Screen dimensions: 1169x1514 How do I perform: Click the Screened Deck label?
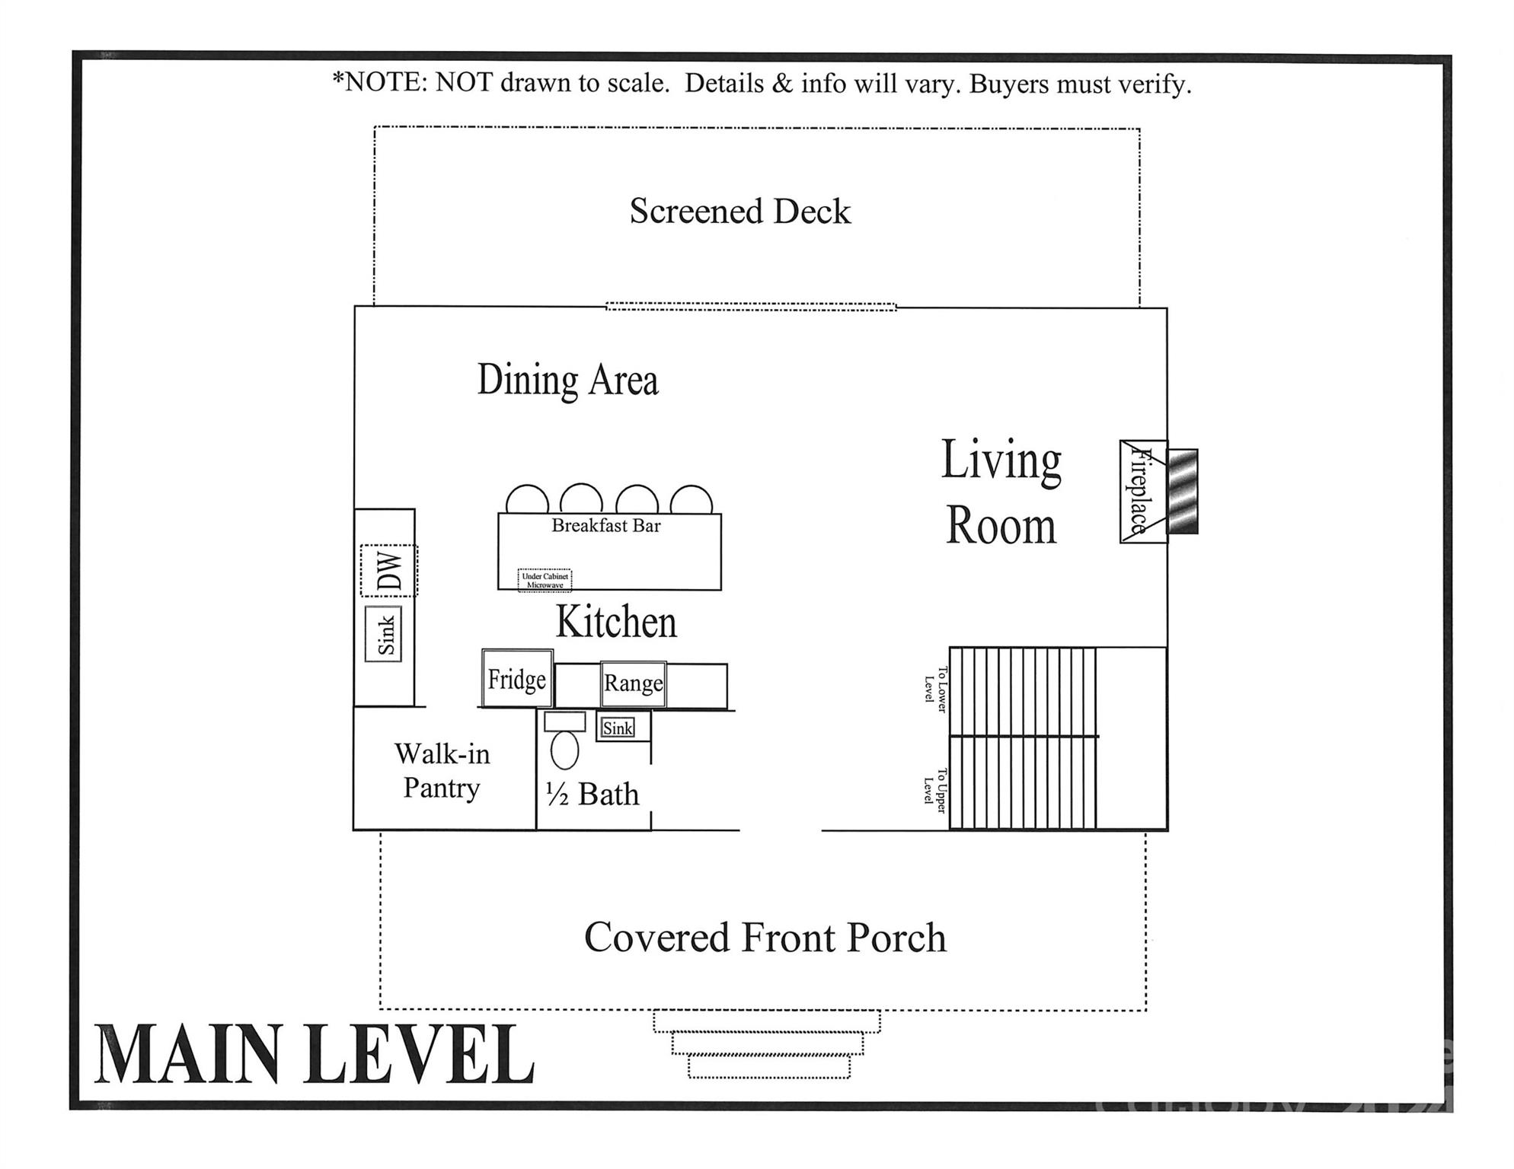739,212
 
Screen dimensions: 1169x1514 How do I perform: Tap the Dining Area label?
567,380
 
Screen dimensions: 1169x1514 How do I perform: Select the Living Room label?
1001,492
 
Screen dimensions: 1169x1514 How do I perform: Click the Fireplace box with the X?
1142,492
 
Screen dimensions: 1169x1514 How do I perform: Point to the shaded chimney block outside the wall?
1183,492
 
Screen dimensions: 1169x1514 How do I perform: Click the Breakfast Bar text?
605,525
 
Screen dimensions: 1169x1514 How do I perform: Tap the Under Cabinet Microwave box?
545,580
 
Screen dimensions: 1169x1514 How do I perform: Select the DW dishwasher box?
388,571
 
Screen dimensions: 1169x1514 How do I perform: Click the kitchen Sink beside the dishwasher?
384,633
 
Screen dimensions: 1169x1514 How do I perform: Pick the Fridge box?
517,678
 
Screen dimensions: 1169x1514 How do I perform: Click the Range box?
633,683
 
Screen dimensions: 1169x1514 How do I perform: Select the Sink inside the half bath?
618,728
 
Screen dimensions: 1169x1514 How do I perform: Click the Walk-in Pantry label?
442,770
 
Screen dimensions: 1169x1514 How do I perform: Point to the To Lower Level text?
935,690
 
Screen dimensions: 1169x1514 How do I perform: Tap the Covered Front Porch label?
765,937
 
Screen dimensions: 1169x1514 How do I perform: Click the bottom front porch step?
768,1066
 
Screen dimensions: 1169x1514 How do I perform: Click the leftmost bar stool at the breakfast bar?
527,501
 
